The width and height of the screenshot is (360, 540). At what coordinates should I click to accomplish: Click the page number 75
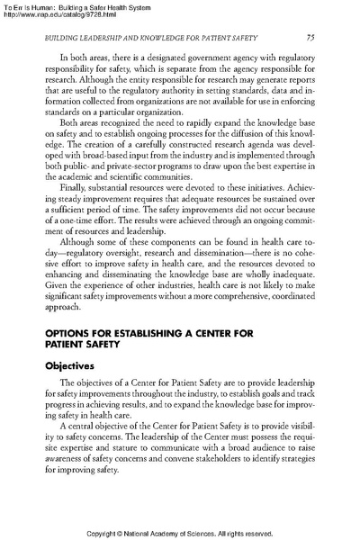[309, 37]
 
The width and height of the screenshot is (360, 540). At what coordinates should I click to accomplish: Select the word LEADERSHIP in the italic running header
[99, 37]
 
